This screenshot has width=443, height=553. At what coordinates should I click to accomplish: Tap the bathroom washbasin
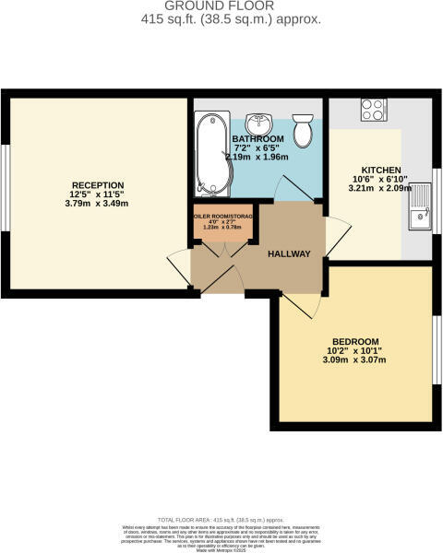coord(262,125)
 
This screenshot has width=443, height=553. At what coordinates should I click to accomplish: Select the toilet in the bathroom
coord(301,131)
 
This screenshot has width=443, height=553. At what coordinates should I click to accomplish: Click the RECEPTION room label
coord(97,183)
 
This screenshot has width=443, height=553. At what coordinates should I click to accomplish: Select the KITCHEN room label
coord(381,171)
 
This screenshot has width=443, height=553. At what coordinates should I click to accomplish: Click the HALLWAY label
coord(289,254)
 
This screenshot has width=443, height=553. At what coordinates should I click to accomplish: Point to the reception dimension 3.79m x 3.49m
coord(97,205)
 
